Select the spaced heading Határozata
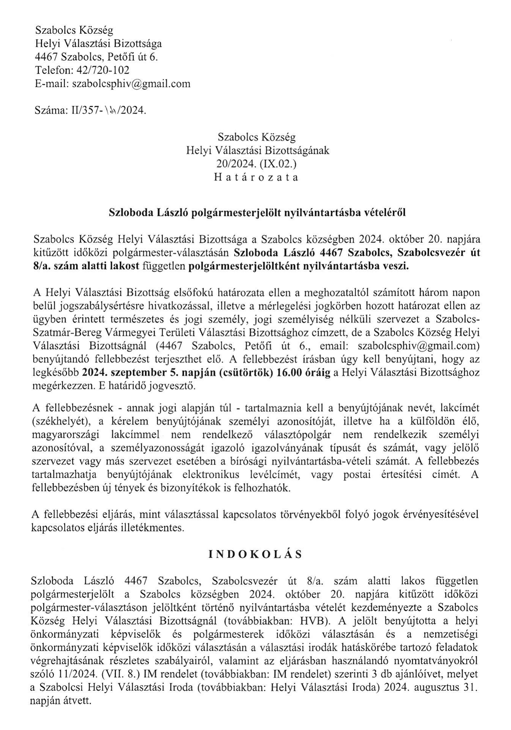[256, 177]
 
